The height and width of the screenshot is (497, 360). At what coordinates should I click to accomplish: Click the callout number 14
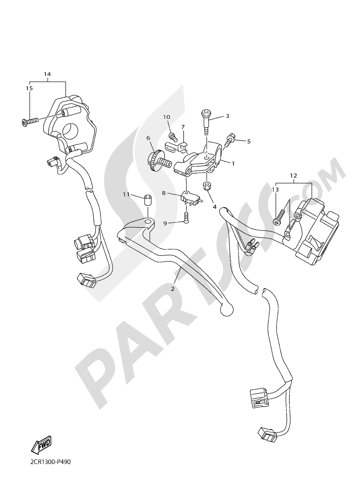tap(47, 74)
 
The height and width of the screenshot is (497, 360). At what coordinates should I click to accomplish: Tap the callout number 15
tap(29, 88)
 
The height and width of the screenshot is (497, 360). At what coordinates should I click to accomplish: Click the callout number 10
tap(166, 117)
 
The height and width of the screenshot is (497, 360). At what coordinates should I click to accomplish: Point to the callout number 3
tap(228, 116)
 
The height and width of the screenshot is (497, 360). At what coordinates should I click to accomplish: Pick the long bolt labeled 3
tap(206, 121)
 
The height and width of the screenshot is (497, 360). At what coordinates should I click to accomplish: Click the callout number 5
tap(248, 141)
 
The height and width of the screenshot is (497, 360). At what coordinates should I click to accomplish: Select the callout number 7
tap(183, 127)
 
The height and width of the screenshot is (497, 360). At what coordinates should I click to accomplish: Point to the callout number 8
tap(164, 193)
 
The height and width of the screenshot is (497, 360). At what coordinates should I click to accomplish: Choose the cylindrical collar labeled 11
tap(147, 200)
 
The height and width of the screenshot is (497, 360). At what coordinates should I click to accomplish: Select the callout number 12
tap(293, 176)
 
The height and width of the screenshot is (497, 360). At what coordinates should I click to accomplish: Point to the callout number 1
tap(233, 163)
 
